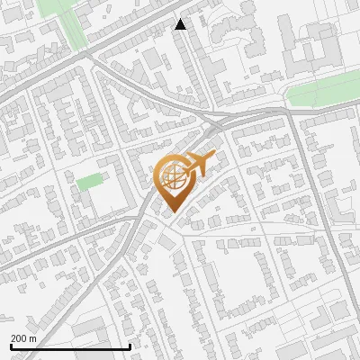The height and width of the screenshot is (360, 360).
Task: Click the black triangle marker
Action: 181,24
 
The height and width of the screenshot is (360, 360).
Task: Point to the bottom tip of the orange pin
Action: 171,212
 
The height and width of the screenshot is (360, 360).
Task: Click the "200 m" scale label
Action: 23,338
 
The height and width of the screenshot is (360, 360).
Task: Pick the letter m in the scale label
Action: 32,338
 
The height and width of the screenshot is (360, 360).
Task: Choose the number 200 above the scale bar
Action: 19,338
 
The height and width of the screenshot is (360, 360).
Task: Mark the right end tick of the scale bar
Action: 130,345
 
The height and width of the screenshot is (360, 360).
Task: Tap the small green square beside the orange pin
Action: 89,182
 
